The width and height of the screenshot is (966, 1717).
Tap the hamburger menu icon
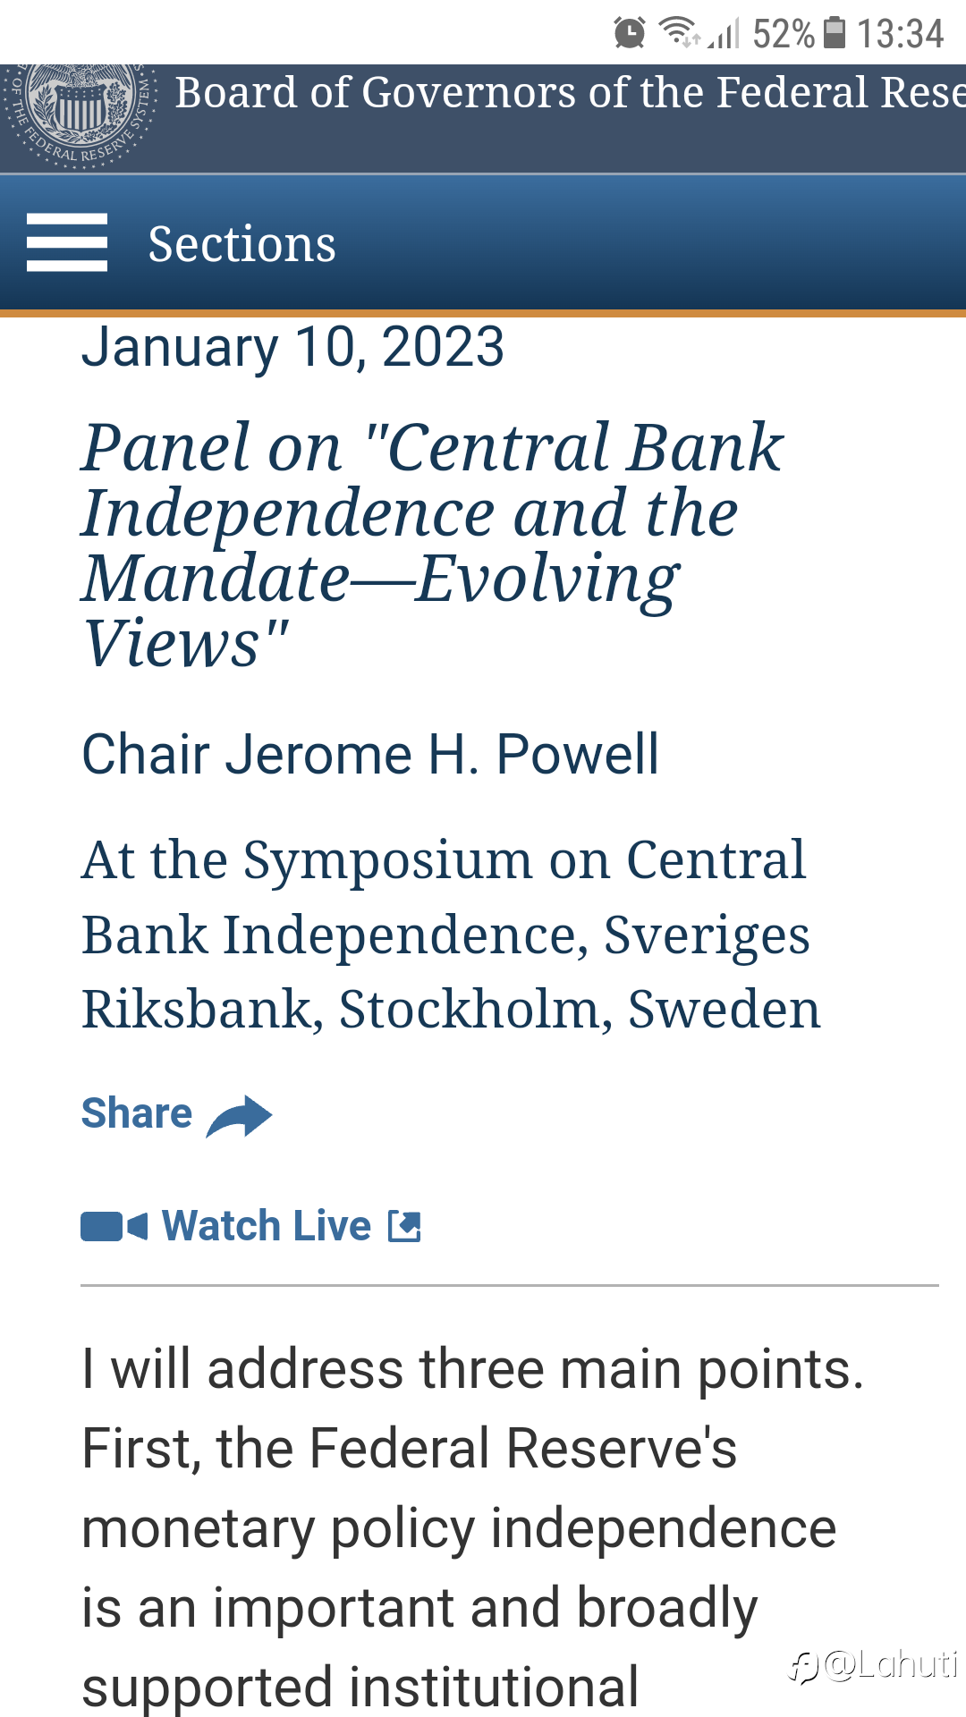click(x=67, y=242)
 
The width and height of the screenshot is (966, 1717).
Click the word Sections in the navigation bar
click(x=241, y=244)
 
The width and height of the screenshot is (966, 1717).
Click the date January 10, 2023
click(x=293, y=347)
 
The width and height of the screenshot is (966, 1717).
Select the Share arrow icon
click(x=239, y=1116)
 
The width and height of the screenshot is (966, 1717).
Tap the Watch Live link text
click(x=267, y=1226)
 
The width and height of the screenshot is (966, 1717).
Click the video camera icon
click(x=114, y=1227)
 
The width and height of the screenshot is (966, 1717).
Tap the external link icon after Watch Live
click(x=404, y=1226)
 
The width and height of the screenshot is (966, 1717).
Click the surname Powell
click(x=577, y=754)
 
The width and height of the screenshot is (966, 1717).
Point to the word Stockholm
click(x=469, y=1010)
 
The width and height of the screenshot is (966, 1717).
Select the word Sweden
click(x=724, y=1010)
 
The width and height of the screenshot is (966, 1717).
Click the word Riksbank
click(x=196, y=1010)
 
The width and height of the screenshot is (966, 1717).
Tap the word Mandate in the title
click(x=216, y=579)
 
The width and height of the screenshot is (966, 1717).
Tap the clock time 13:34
click(x=901, y=34)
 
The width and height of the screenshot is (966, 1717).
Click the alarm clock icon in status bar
click(x=630, y=32)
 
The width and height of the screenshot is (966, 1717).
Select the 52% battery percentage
click(x=784, y=34)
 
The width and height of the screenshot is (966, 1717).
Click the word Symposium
click(x=388, y=861)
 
